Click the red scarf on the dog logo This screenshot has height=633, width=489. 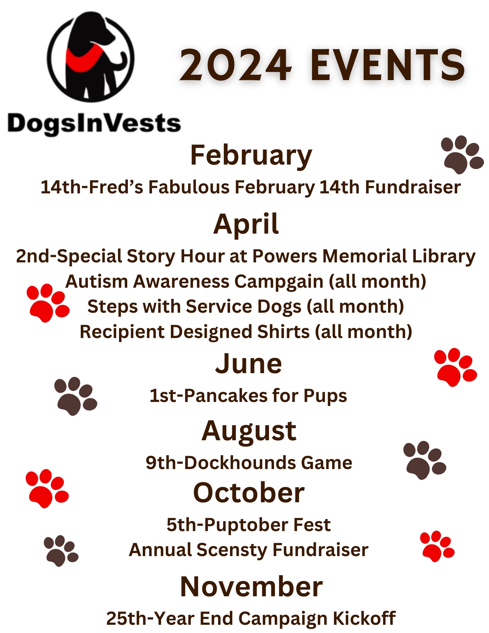83,59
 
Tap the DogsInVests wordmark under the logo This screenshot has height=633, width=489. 94,124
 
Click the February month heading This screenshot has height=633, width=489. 251,156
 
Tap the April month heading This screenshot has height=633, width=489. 246,225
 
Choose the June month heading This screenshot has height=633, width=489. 248,364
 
